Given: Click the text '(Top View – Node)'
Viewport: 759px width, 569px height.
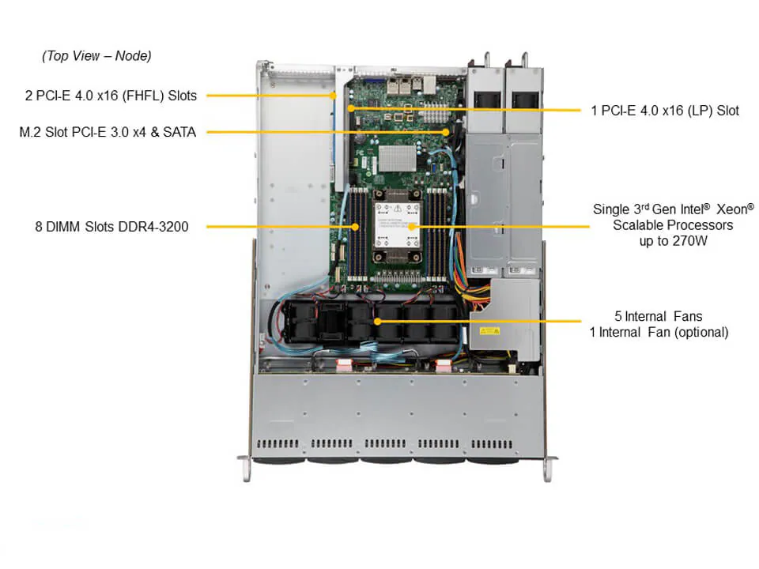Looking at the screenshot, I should click(96, 56).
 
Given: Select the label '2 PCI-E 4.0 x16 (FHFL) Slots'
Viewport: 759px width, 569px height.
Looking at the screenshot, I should click(111, 96).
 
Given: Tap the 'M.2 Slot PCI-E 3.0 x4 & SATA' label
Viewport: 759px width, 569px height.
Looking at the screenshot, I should click(108, 132).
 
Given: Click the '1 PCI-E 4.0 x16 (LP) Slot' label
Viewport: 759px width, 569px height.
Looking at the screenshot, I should click(665, 111).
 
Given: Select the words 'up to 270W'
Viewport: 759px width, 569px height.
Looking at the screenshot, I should click(674, 240).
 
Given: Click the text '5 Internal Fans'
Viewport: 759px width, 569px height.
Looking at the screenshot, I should click(659, 316).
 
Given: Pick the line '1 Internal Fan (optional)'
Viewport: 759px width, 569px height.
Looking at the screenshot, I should click(659, 332).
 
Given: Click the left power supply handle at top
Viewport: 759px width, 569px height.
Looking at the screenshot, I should click(486, 59).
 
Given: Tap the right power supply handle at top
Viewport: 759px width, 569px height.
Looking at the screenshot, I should click(523, 59).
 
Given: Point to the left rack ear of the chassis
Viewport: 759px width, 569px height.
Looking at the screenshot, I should click(246, 466).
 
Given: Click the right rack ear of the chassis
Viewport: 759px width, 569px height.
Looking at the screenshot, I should click(547, 466).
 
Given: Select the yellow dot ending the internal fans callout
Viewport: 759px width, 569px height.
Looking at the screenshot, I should click(376, 322).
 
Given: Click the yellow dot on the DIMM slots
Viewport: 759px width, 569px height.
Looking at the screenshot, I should click(355, 227).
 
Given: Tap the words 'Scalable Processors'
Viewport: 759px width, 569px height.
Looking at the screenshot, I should click(674, 225).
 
